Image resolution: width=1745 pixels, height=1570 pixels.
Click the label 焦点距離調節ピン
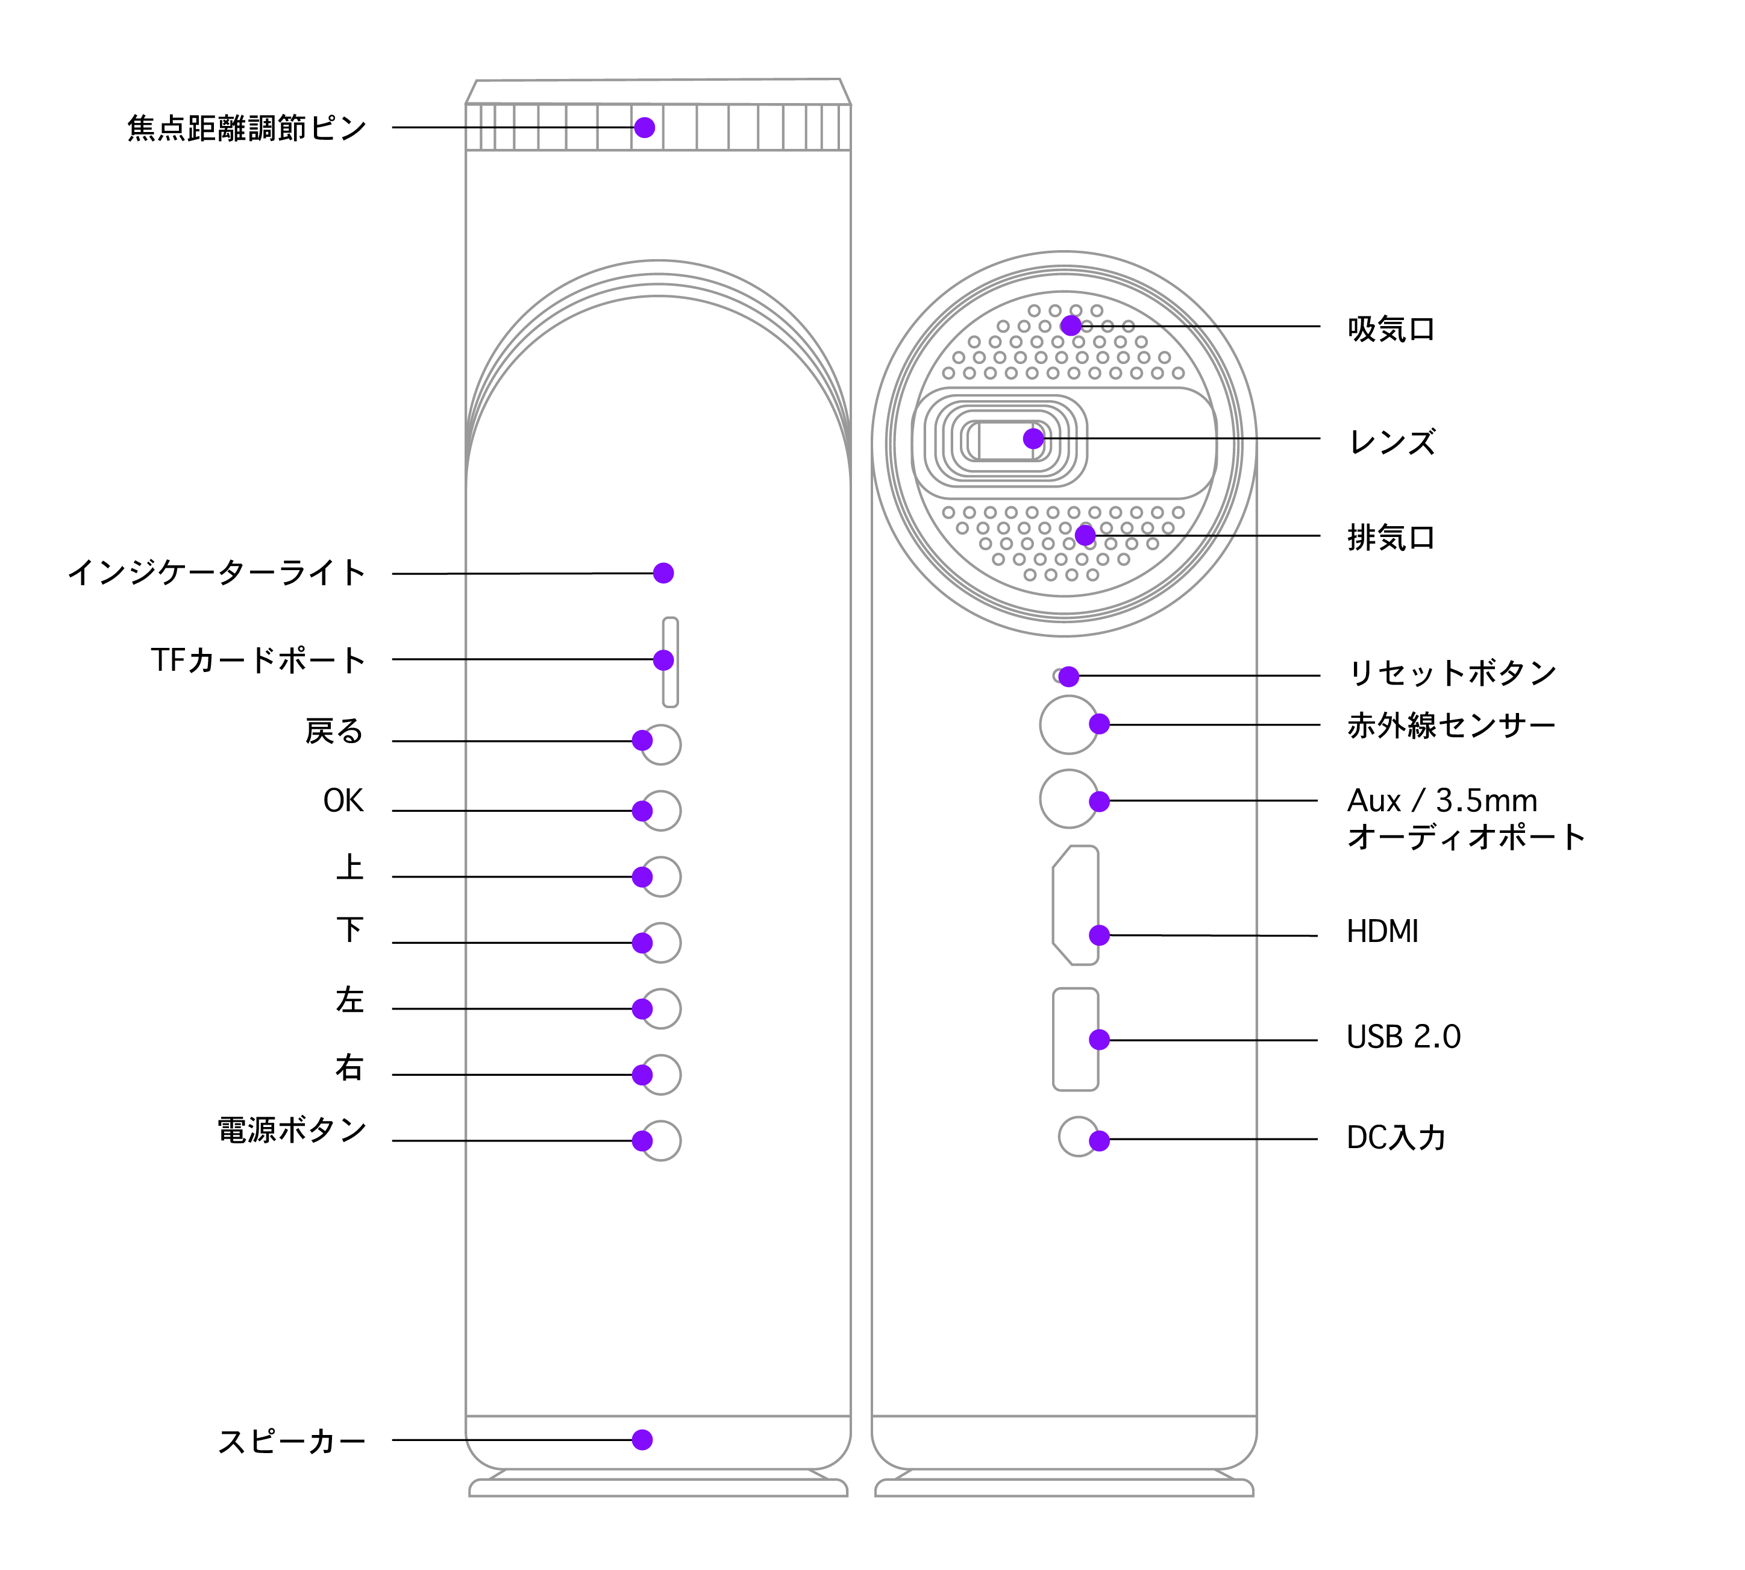(246, 128)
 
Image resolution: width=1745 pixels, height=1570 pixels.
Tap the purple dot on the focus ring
(644, 128)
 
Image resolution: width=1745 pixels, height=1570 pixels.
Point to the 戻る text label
(334, 732)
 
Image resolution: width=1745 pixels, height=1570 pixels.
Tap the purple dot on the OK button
(642, 811)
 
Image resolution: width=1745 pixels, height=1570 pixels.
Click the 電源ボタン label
(292, 1129)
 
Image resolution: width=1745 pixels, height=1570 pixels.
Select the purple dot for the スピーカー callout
(642, 1440)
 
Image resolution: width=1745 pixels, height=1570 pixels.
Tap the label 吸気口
(1391, 328)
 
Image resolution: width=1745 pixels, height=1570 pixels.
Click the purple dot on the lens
(1033, 438)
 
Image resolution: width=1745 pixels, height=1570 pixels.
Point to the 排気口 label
(1391, 538)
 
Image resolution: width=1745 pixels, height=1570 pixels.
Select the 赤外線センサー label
(1452, 726)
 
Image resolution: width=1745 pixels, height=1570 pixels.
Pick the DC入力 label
(1396, 1138)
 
